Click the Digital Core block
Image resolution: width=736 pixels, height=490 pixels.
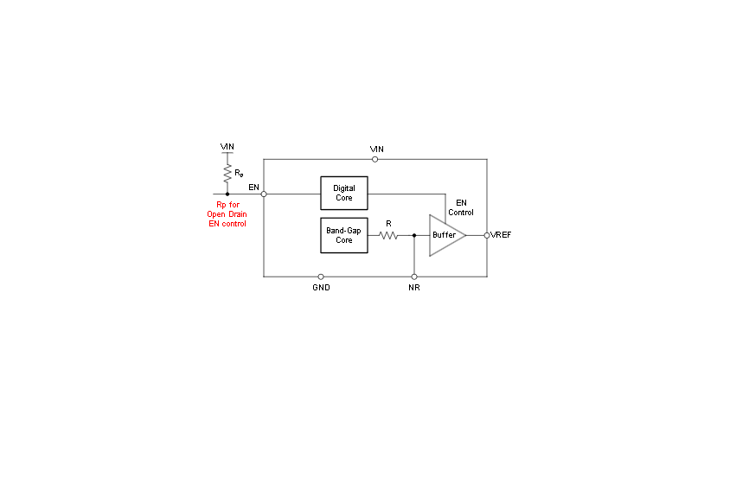click(344, 194)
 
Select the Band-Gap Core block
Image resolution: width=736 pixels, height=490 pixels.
click(344, 235)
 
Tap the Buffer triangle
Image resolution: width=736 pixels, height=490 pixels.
click(447, 235)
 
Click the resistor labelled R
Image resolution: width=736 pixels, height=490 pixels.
click(388, 235)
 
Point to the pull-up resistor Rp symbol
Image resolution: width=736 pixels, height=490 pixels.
click(227, 174)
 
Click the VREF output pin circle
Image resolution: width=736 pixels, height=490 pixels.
click(487, 235)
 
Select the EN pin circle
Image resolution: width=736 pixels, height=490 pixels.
click(264, 194)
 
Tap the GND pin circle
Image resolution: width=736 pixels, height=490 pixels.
click(321, 277)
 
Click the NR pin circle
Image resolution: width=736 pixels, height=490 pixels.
click(414, 277)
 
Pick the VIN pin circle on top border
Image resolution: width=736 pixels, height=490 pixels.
click(375, 159)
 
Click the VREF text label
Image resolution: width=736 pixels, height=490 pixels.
click(502, 235)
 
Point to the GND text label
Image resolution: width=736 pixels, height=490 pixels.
click(321, 288)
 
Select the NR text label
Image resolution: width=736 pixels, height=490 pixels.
click(414, 288)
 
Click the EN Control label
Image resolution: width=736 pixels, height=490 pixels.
click(461, 207)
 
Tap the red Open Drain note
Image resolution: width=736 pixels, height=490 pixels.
click(227, 213)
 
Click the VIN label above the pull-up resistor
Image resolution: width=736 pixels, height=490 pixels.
click(227, 147)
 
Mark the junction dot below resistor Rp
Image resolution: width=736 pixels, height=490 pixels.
click(227, 194)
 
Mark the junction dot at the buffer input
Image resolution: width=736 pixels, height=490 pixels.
click(414, 235)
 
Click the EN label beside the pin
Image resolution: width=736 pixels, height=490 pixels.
click(253, 187)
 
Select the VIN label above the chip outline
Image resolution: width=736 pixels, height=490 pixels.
click(376, 150)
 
